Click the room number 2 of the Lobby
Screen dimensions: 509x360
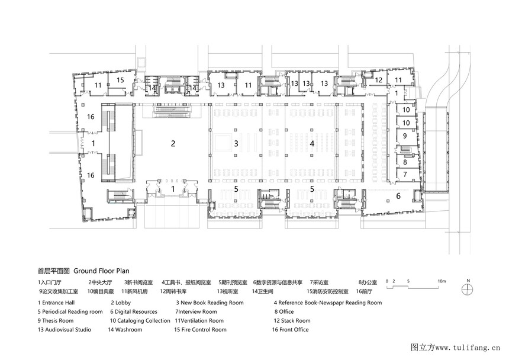pyautogui.click(x=173, y=143)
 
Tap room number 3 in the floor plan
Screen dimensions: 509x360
pyautogui.click(x=236, y=143)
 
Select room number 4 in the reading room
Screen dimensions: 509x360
pyautogui.click(x=312, y=143)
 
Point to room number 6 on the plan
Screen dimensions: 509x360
pyautogui.click(x=398, y=196)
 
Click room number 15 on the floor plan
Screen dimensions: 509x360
pyautogui.click(x=120, y=80)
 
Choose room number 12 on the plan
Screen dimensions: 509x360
pyautogui.click(x=379, y=80)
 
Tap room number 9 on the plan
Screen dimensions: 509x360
pyautogui.click(x=405, y=136)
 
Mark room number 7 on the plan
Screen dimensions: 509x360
pyautogui.click(x=405, y=174)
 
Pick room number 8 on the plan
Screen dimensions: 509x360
pyautogui.click(x=405, y=162)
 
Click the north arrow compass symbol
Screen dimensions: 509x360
pyautogui.click(x=468, y=289)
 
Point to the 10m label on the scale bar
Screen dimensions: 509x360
pyautogui.click(x=442, y=281)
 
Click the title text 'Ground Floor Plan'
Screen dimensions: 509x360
pyautogui.click(x=101, y=271)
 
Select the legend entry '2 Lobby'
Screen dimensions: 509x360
pyautogui.click(x=120, y=303)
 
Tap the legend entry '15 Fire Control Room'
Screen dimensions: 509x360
pyautogui.click(x=200, y=329)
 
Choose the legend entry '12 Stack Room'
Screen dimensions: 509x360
pyautogui.click(x=292, y=321)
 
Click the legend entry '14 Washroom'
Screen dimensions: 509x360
pyautogui.click(x=125, y=329)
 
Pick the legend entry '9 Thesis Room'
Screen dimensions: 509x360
pyautogui.click(x=56, y=321)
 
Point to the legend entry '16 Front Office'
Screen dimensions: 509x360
pyautogui.click(x=290, y=329)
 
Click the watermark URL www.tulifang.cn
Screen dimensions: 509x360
pyautogui.click(x=468, y=348)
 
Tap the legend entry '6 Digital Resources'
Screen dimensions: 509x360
pyautogui.click(x=133, y=311)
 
